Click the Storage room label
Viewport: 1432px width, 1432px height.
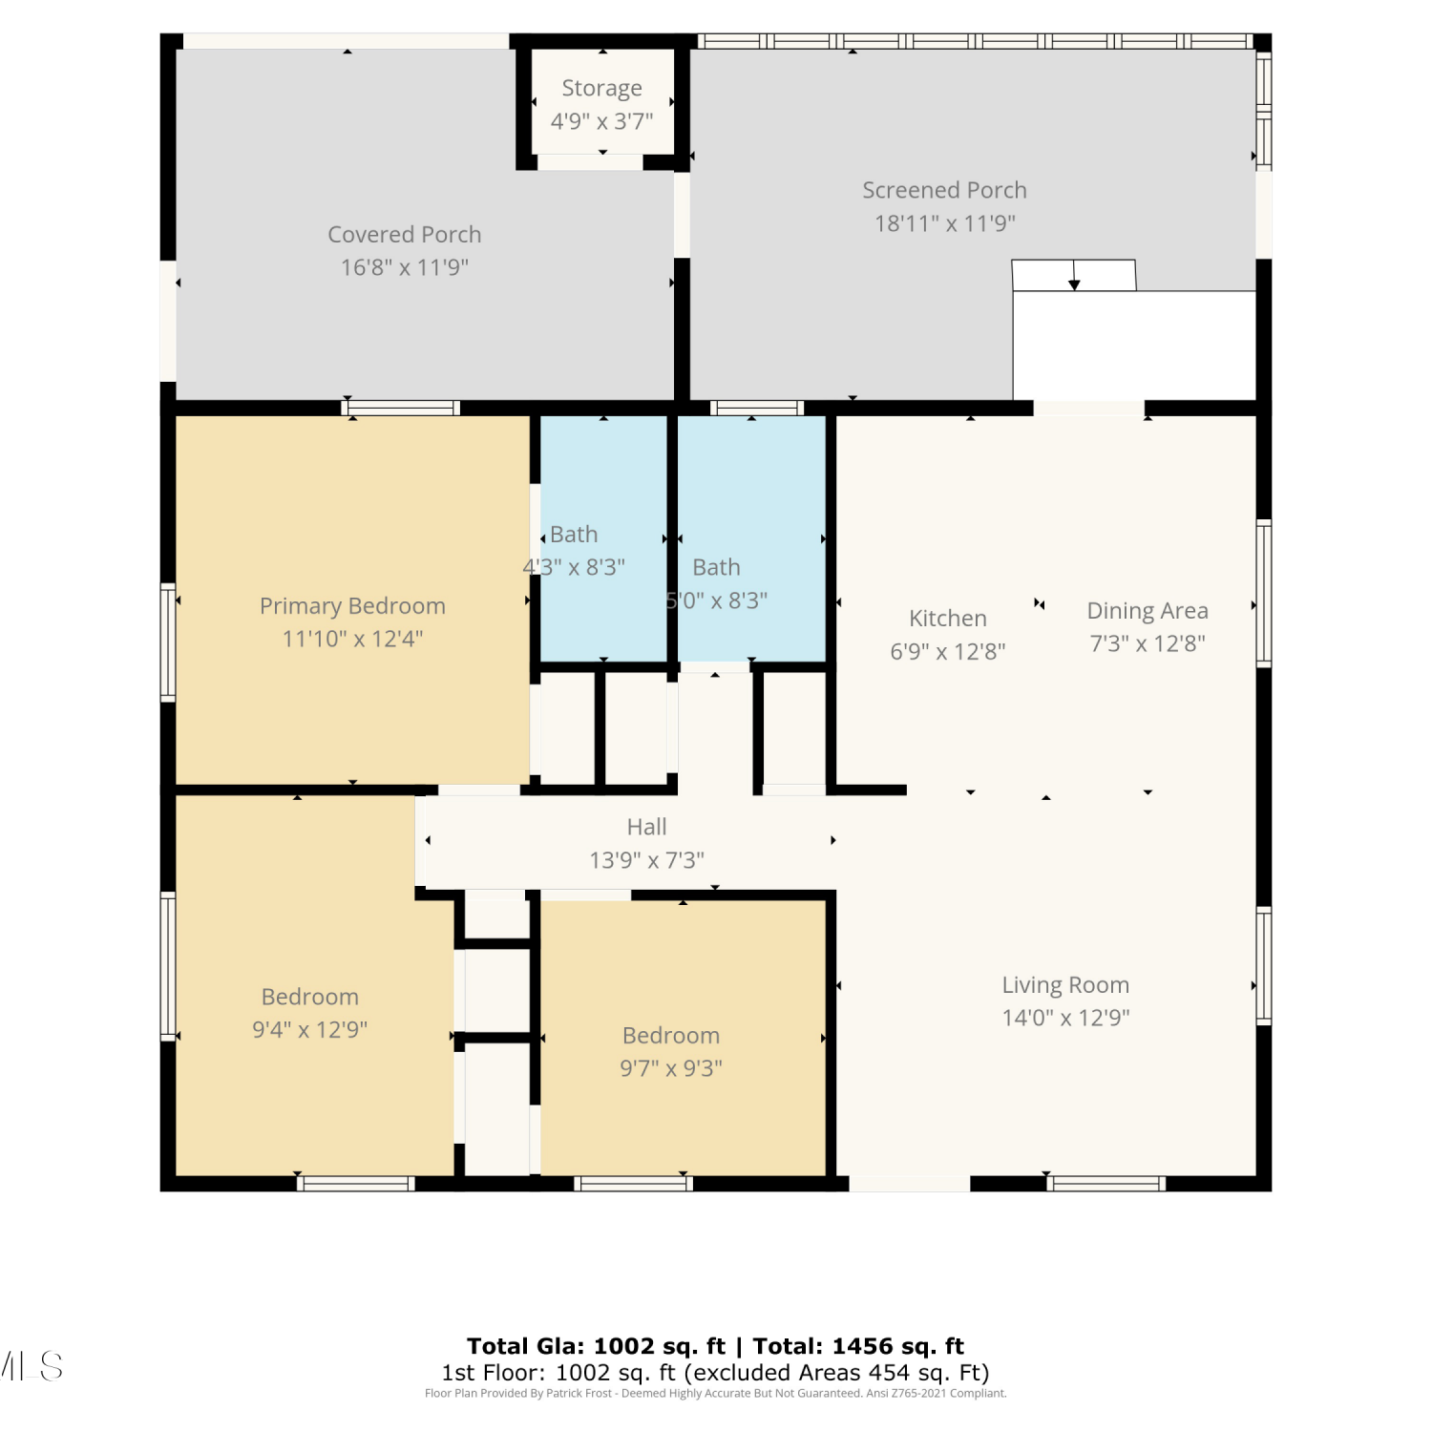(601, 88)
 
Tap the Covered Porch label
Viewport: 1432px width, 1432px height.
(405, 234)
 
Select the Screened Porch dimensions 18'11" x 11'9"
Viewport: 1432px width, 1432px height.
(945, 223)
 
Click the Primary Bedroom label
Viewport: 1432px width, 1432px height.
(353, 606)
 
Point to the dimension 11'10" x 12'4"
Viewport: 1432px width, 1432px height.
(353, 639)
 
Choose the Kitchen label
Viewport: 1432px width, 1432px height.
(948, 619)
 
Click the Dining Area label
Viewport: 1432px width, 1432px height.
(1148, 611)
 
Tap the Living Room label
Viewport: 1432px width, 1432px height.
(1065, 985)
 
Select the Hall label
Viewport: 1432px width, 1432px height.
(647, 827)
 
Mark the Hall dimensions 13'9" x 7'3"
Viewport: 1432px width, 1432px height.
(647, 860)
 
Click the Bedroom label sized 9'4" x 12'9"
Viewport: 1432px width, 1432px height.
(310, 997)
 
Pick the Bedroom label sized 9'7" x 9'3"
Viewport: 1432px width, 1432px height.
(671, 1036)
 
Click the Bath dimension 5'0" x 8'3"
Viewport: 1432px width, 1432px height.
(717, 600)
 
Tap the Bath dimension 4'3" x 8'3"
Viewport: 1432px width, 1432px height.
(574, 567)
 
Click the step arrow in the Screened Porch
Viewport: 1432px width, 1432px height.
(1074, 275)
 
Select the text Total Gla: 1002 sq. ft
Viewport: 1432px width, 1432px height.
(596, 1346)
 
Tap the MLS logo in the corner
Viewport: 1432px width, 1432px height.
(32, 1367)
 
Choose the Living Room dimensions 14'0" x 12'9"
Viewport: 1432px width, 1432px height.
(1065, 1018)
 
